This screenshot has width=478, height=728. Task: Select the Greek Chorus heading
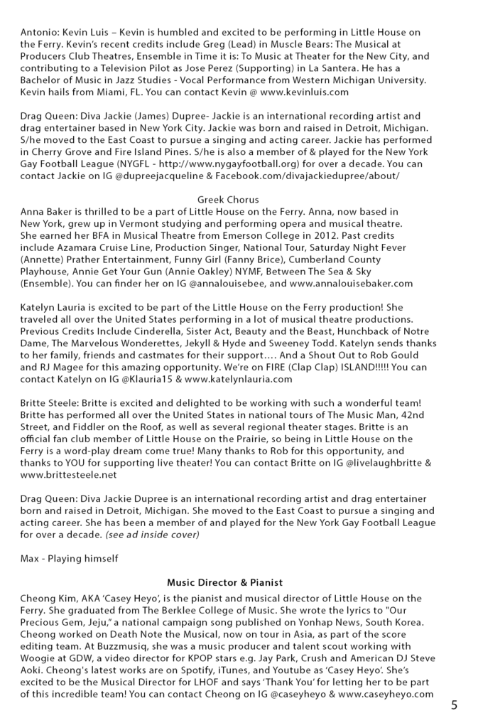tap(228, 200)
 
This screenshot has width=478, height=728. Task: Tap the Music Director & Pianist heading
tap(225, 582)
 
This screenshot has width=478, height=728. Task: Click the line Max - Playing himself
tap(69, 559)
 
